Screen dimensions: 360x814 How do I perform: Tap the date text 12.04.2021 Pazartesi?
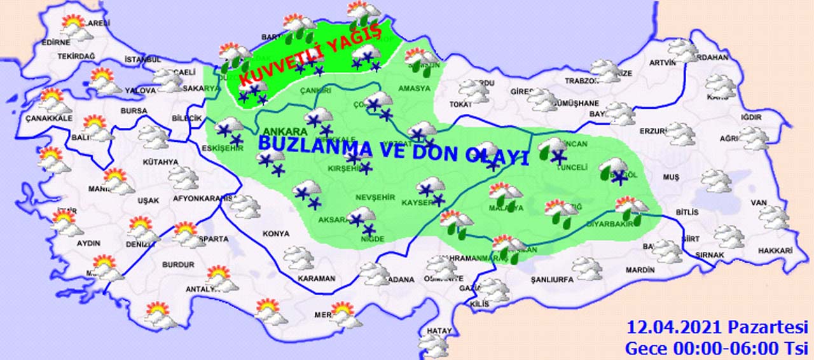click(717, 328)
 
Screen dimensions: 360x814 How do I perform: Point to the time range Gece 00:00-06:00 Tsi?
click(716, 349)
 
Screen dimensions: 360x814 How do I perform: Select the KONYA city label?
click(275, 233)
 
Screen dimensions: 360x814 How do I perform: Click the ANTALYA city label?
click(201, 290)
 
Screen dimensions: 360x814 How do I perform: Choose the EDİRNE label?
click(55, 43)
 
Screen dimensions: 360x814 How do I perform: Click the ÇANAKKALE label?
click(49, 118)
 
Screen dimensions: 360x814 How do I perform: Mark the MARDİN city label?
click(640, 270)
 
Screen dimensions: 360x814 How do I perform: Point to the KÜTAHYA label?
click(160, 162)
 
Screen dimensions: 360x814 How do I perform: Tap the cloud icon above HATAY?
click(434, 345)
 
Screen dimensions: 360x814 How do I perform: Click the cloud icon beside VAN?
click(773, 216)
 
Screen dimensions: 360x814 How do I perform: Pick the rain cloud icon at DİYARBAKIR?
click(631, 209)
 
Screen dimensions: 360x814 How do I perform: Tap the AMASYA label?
click(415, 88)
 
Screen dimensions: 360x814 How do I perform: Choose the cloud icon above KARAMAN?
click(298, 257)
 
